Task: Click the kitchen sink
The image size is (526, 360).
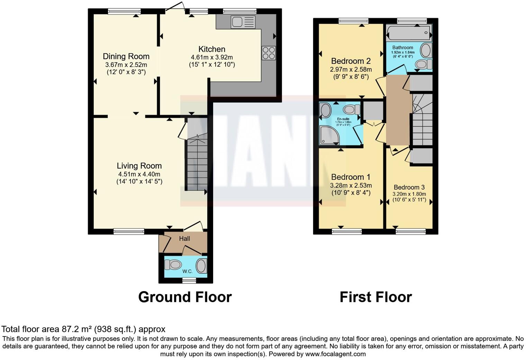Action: click(243, 22)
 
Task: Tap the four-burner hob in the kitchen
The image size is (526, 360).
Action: click(269, 53)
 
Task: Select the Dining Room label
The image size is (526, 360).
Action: click(126, 56)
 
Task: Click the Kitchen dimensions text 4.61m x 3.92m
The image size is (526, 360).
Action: click(212, 57)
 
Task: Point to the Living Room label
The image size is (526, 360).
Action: click(139, 166)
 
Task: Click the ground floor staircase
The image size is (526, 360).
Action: click(197, 163)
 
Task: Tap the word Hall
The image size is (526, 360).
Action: click(184, 238)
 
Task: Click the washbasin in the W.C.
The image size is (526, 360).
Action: click(201, 266)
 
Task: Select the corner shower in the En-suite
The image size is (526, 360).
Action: click(329, 135)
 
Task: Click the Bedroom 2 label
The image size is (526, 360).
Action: click(351, 61)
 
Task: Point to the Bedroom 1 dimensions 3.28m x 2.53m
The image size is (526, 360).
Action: click(351, 186)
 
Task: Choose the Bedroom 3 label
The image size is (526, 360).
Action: click(409, 187)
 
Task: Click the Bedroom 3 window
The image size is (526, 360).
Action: click(411, 231)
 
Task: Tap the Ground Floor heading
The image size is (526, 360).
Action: click(185, 297)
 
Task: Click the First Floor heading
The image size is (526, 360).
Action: click(375, 297)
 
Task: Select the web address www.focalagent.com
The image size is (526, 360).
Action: click(335, 354)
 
